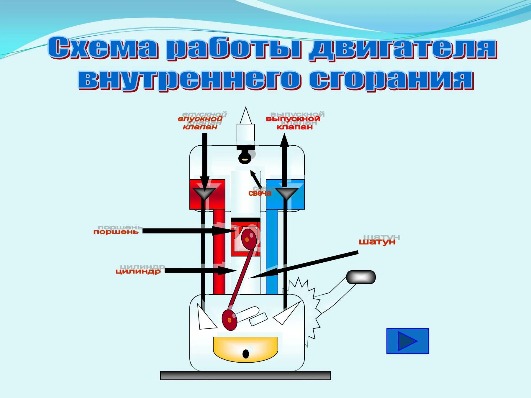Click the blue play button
pyautogui.click(x=408, y=341)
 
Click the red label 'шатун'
pyautogui.click(x=377, y=242)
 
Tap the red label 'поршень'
pyautogui.click(x=116, y=232)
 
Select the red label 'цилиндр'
pyautogui.click(x=138, y=271)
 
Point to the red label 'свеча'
pyautogui.click(x=260, y=193)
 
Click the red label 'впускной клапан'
pyautogui.click(x=200, y=123)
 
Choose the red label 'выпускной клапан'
pyautogui.click(x=293, y=123)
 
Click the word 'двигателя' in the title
pyautogui.click(x=403, y=49)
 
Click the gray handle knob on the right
pyautogui.click(x=360, y=277)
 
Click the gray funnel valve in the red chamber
pyautogui.click(x=204, y=193)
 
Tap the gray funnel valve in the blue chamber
pyautogui.click(x=286, y=193)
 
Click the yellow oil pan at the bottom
pyautogui.click(x=245, y=348)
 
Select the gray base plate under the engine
pyautogui.click(x=245, y=375)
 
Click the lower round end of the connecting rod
pyautogui.click(x=230, y=320)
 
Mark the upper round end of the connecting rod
pyautogui.click(x=248, y=238)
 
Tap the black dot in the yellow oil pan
pyautogui.click(x=245, y=354)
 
